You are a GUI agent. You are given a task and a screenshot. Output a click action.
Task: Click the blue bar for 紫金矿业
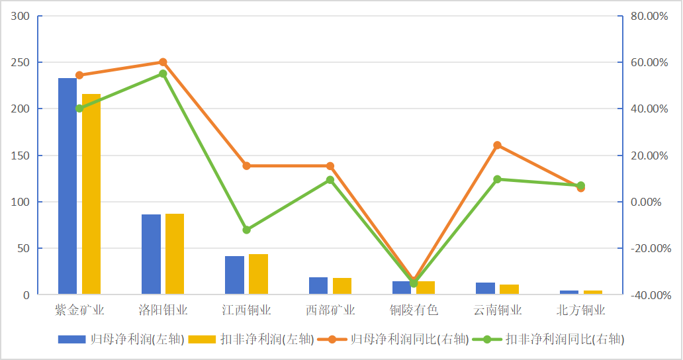(68, 186)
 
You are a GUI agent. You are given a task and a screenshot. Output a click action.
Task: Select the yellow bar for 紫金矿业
(91, 194)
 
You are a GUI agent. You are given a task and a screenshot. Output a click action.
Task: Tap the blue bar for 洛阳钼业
(151, 254)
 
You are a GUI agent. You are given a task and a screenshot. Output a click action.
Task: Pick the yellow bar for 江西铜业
(259, 274)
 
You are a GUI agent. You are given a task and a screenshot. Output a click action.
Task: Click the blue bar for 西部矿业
(318, 286)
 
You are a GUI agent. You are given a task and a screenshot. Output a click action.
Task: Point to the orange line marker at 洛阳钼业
(163, 62)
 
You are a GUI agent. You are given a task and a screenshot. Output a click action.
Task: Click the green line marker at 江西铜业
(246, 230)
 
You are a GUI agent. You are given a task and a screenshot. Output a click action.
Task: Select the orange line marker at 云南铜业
(497, 146)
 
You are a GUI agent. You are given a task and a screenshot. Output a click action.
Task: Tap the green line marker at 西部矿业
(330, 179)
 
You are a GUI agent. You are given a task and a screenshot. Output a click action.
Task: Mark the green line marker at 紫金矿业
(79, 109)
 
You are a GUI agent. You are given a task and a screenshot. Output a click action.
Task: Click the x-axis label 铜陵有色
(414, 310)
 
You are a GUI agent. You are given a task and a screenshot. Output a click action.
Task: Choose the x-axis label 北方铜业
(581, 310)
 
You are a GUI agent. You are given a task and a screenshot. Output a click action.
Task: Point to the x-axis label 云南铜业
(498, 310)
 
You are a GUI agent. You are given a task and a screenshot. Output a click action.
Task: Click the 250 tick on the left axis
(21, 62)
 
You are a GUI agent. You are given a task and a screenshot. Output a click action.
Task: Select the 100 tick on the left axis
(21, 202)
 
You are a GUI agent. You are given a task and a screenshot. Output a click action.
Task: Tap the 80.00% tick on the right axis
(649, 16)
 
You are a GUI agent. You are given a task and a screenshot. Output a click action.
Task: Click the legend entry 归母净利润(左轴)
(119, 339)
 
